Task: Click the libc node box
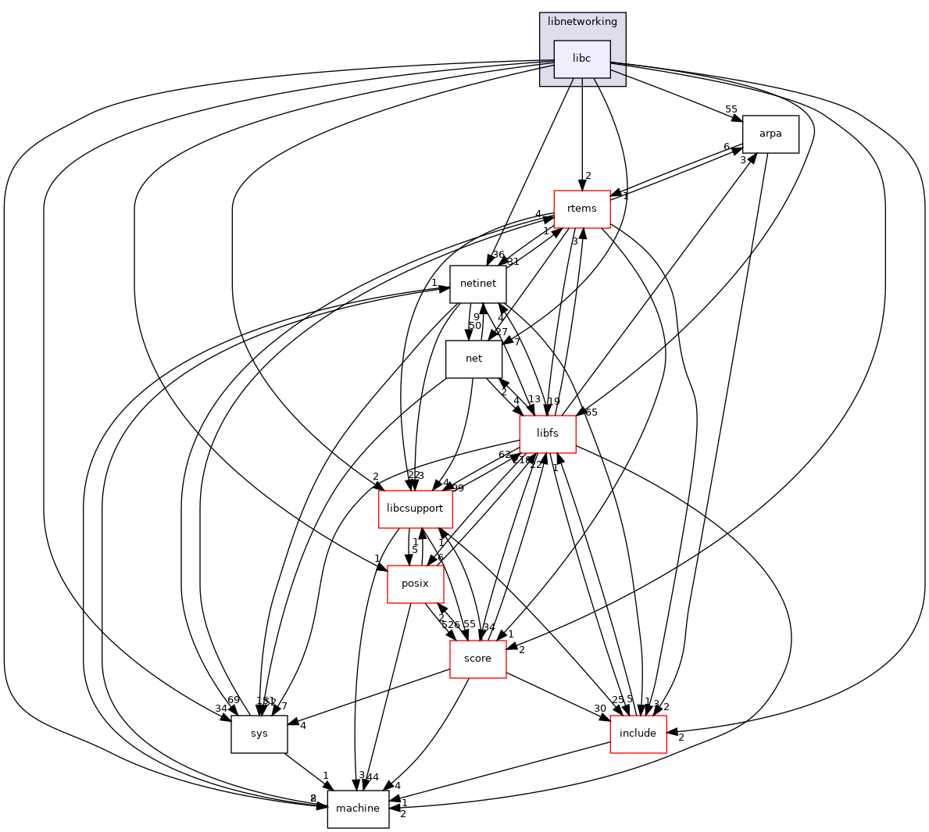point(581,59)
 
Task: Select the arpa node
point(770,134)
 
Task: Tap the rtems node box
point(581,209)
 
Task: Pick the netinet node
point(477,284)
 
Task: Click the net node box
point(473,359)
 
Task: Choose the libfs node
point(548,434)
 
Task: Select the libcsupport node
point(415,509)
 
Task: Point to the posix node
point(416,584)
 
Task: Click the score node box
point(477,659)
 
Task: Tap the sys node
point(259,734)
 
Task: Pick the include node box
point(638,734)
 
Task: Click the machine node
point(358,809)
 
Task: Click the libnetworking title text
point(582,21)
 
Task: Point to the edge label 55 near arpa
point(731,109)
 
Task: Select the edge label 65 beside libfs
point(591,412)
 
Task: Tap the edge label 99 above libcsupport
point(457,488)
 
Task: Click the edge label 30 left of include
point(600,709)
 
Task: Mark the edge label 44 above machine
point(372,777)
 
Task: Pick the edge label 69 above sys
point(233,698)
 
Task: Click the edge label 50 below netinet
point(474,325)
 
